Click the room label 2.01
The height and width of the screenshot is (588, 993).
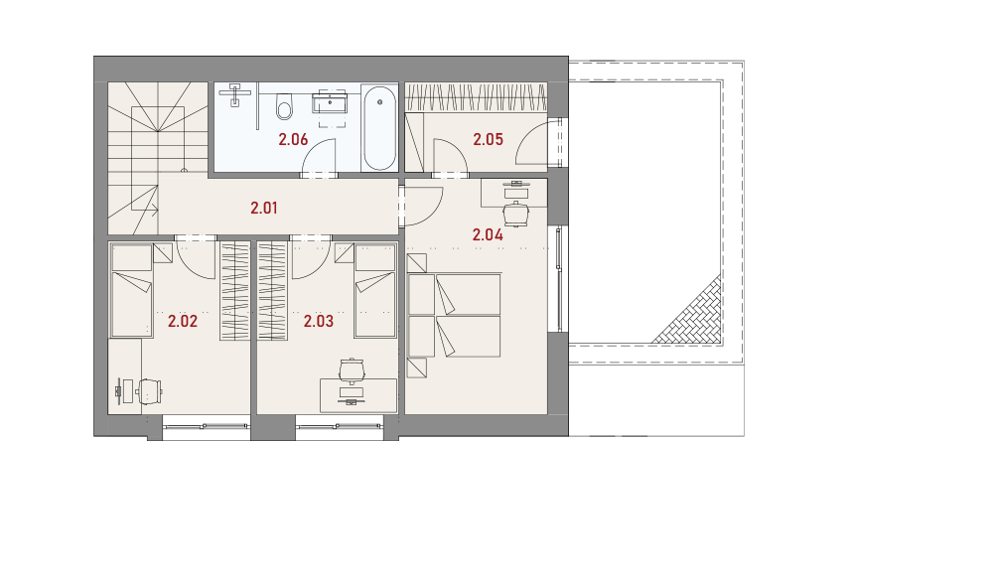click(x=264, y=208)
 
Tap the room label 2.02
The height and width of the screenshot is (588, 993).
click(x=183, y=321)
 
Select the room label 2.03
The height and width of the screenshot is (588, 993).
click(x=319, y=321)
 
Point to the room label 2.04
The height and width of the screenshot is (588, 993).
click(x=488, y=235)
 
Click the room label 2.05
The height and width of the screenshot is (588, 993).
click(x=489, y=139)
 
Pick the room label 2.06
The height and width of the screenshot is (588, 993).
click(x=293, y=139)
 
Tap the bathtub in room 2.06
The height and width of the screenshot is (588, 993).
click(x=380, y=128)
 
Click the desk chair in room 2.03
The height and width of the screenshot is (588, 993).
click(x=352, y=370)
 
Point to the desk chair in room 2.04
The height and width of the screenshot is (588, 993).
click(x=516, y=214)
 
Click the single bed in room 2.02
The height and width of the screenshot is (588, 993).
click(x=132, y=290)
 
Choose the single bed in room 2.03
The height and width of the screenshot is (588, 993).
click(x=375, y=290)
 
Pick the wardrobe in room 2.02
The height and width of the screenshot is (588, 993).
click(x=235, y=291)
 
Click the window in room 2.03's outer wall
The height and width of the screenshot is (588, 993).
click(x=339, y=427)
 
